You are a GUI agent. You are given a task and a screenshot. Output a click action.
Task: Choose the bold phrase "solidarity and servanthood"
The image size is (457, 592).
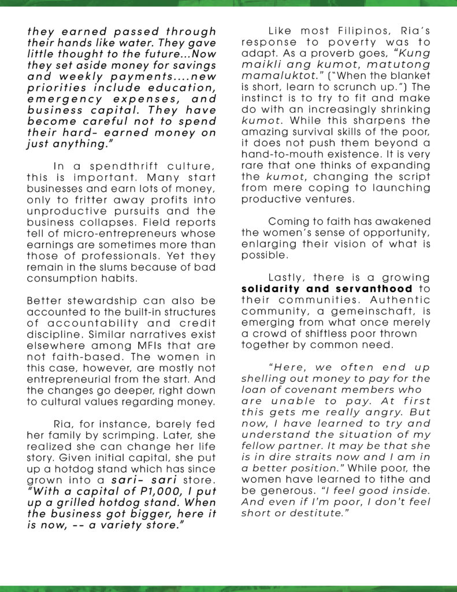(x=327, y=288)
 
